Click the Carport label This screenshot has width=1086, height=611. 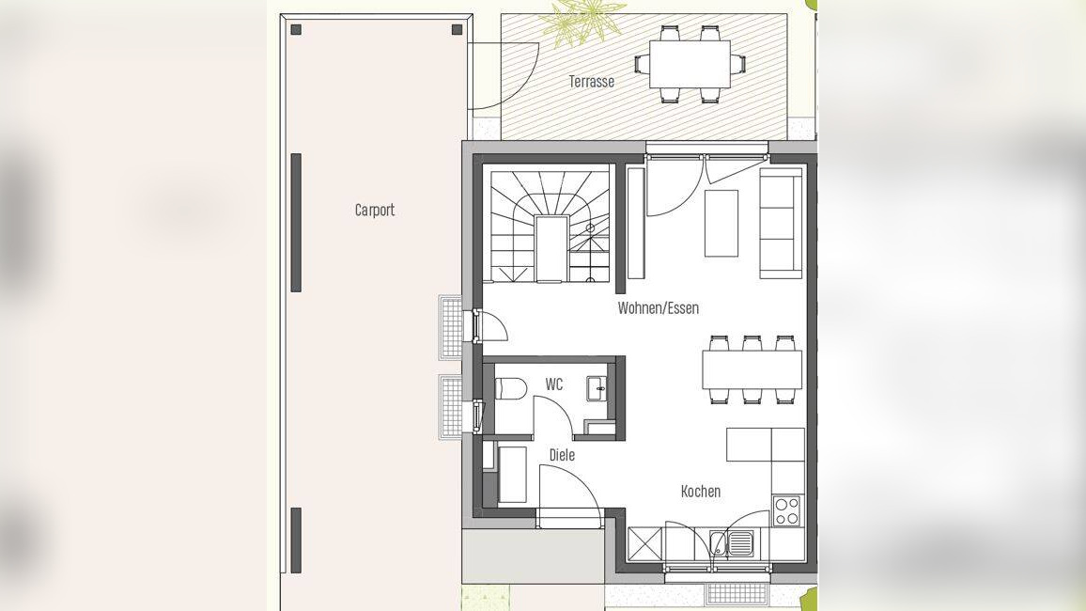[375, 210]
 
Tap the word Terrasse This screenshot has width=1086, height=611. [592, 81]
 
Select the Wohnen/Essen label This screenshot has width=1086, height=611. [658, 307]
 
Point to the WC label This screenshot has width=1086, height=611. [554, 384]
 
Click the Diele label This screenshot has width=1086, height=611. [562, 455]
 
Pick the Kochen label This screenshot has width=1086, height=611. [700, 492]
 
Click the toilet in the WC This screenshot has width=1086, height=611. [510, 389]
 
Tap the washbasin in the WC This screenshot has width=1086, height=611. [597, 388]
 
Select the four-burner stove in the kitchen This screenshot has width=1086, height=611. [787, 511]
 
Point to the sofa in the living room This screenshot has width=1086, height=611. [781, 223]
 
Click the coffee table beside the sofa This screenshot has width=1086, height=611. [721, 223]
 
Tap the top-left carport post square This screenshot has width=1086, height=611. [297, 29]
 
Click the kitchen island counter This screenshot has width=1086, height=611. [766, 445]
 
